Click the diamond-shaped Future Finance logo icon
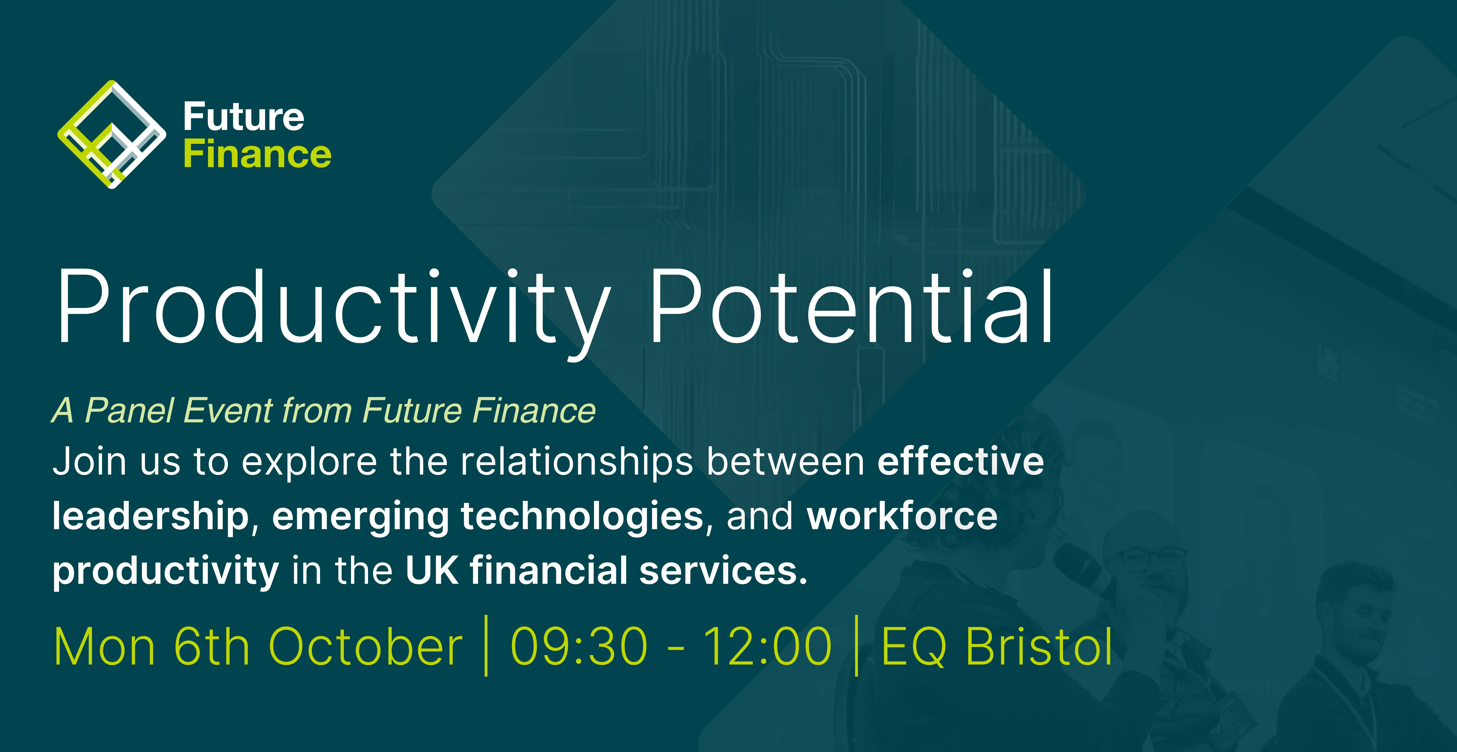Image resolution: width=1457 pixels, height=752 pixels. (x=112, y=134)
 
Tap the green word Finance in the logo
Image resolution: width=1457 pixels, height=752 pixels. (x=257, y=154)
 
